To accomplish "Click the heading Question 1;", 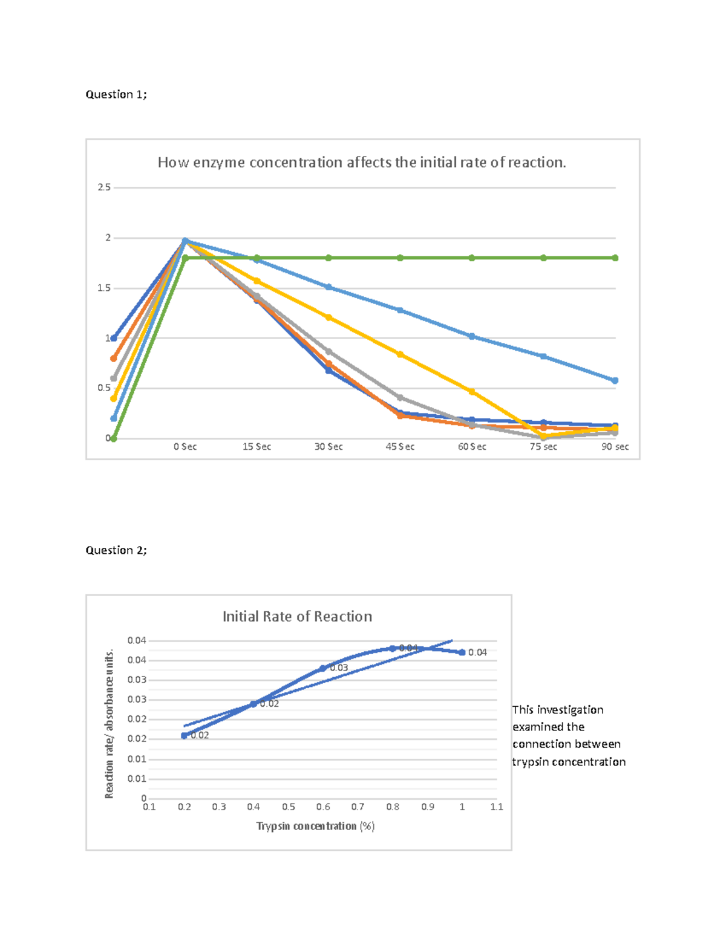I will click(116, 94).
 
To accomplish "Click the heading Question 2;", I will click(116, 550).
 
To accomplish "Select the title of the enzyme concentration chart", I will click(362, 163).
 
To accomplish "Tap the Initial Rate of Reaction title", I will click(297, 617).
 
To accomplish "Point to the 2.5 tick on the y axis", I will click(104, 187).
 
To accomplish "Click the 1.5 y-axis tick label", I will click(104, 288).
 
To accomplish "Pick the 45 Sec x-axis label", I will click(400, 447).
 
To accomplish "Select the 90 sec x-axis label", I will click(615, 447).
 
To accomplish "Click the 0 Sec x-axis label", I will click(185, 447).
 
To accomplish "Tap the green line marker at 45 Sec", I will click(400, 258).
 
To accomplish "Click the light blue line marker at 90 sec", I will click(615, 381).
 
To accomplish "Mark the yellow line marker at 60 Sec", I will click(472, 392).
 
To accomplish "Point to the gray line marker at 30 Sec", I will click(329, 351).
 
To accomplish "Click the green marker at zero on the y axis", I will click(114, 438).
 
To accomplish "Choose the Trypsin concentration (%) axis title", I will click(315, 826).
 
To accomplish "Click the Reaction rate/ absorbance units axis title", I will click(110, 724).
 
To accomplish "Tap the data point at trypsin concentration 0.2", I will click(185, 736).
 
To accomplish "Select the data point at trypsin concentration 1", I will click(462, 652).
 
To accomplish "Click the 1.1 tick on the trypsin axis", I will click(497, 807).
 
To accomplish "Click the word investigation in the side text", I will click(570, 710).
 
